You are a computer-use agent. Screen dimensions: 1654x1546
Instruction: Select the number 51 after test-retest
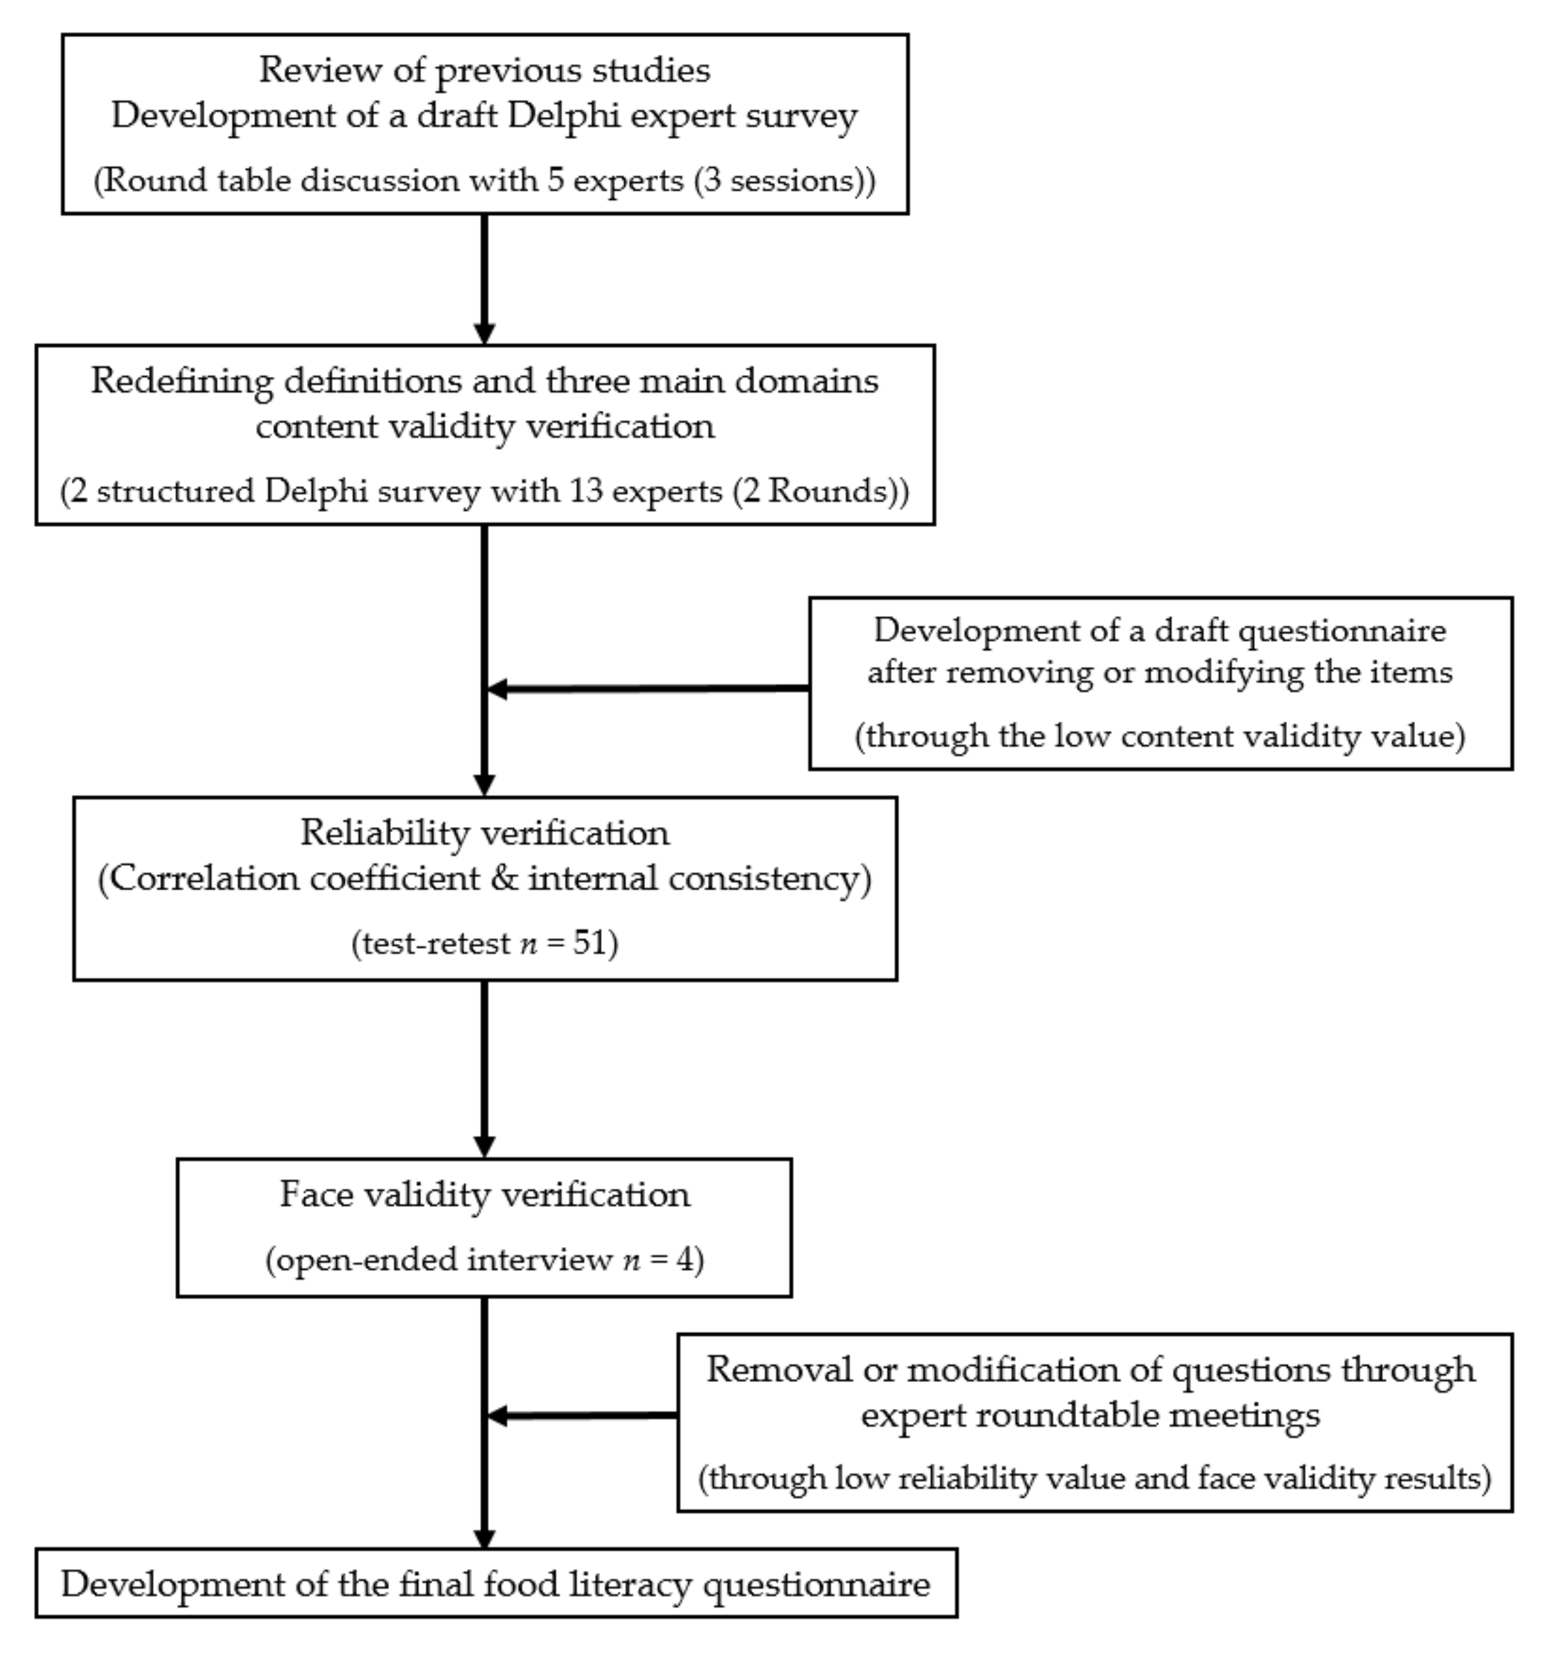[591, 943]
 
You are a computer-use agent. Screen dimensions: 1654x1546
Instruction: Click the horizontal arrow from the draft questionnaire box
[648, 688]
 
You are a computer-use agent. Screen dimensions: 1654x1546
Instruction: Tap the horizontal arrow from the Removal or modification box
[582, 1415]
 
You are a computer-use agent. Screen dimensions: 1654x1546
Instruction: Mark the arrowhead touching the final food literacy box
[484, 1538]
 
